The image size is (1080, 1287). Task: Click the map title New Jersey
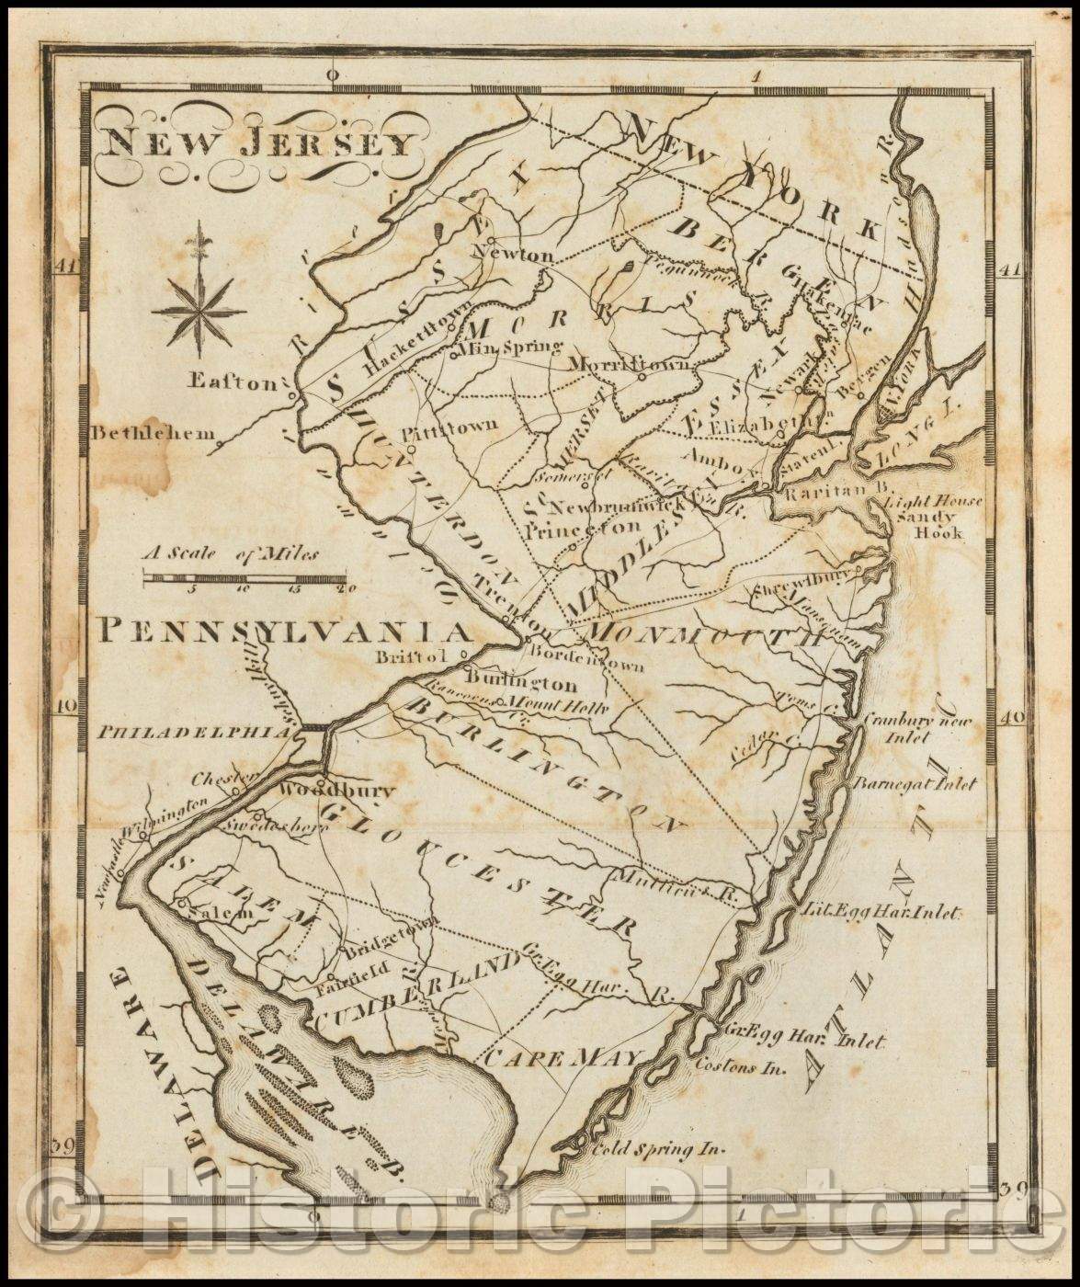coord(258,143)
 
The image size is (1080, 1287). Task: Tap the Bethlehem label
coord(153,433)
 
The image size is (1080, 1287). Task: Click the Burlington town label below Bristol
coord(521,684)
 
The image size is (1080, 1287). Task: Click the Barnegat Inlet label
coord(915,784)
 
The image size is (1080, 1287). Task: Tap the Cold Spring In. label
coord(659,1148)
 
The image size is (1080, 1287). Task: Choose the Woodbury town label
coord(336,791)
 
